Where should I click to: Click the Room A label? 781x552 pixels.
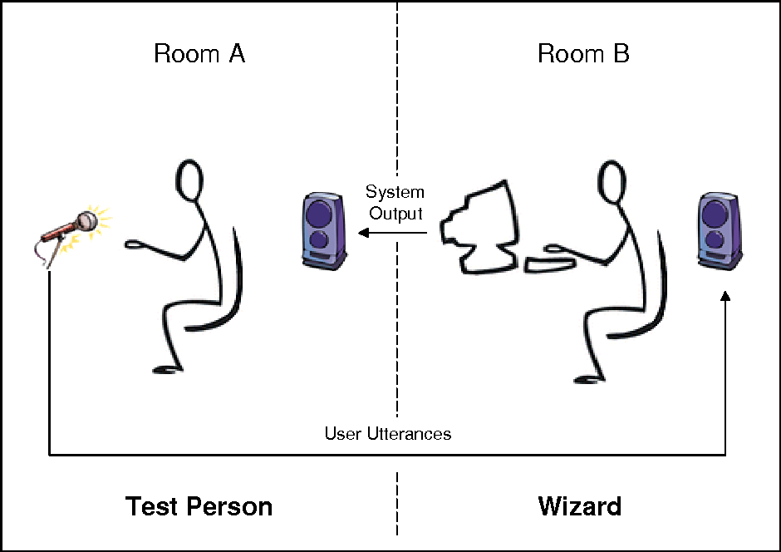click(199, 55)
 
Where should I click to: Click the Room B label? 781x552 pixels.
click(583, 55)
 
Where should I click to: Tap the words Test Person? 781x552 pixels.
click(199, 506)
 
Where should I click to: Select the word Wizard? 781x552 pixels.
click(579, 505)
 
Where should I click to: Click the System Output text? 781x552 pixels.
click(395, 203)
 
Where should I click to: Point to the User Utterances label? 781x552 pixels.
click(388, 434)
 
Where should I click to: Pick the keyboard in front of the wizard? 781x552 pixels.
click(550, 264)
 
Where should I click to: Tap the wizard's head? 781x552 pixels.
click(612, 183)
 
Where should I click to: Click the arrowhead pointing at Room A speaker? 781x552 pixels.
click(363, 234)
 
